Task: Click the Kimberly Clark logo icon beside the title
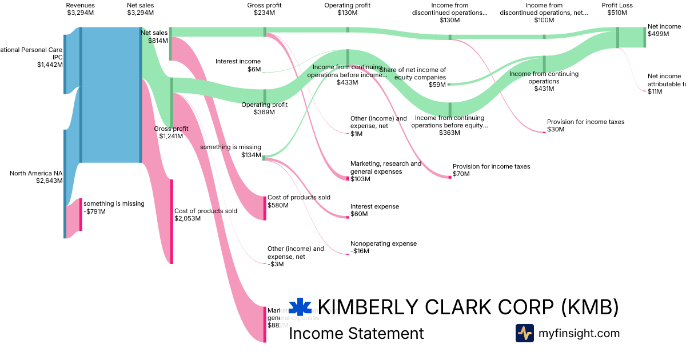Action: [300, 307]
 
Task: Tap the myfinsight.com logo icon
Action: [524, 333]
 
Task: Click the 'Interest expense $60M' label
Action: [374, 210]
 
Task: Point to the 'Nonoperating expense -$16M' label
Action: [383, 247]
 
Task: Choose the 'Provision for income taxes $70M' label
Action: [491, 170]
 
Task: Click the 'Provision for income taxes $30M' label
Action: [585, 125]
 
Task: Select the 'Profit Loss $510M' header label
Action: [617, 9]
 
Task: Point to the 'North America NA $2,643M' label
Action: [36, 177]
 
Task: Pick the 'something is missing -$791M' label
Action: [114, 207]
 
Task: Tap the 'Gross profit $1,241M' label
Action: [171, 133]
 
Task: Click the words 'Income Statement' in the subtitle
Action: [356, 333]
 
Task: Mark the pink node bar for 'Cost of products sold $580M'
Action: [265, 207]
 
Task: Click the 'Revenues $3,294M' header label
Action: [80, 9]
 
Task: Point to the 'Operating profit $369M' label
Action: [264, 109]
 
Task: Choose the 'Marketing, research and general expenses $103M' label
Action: [385, 171]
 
